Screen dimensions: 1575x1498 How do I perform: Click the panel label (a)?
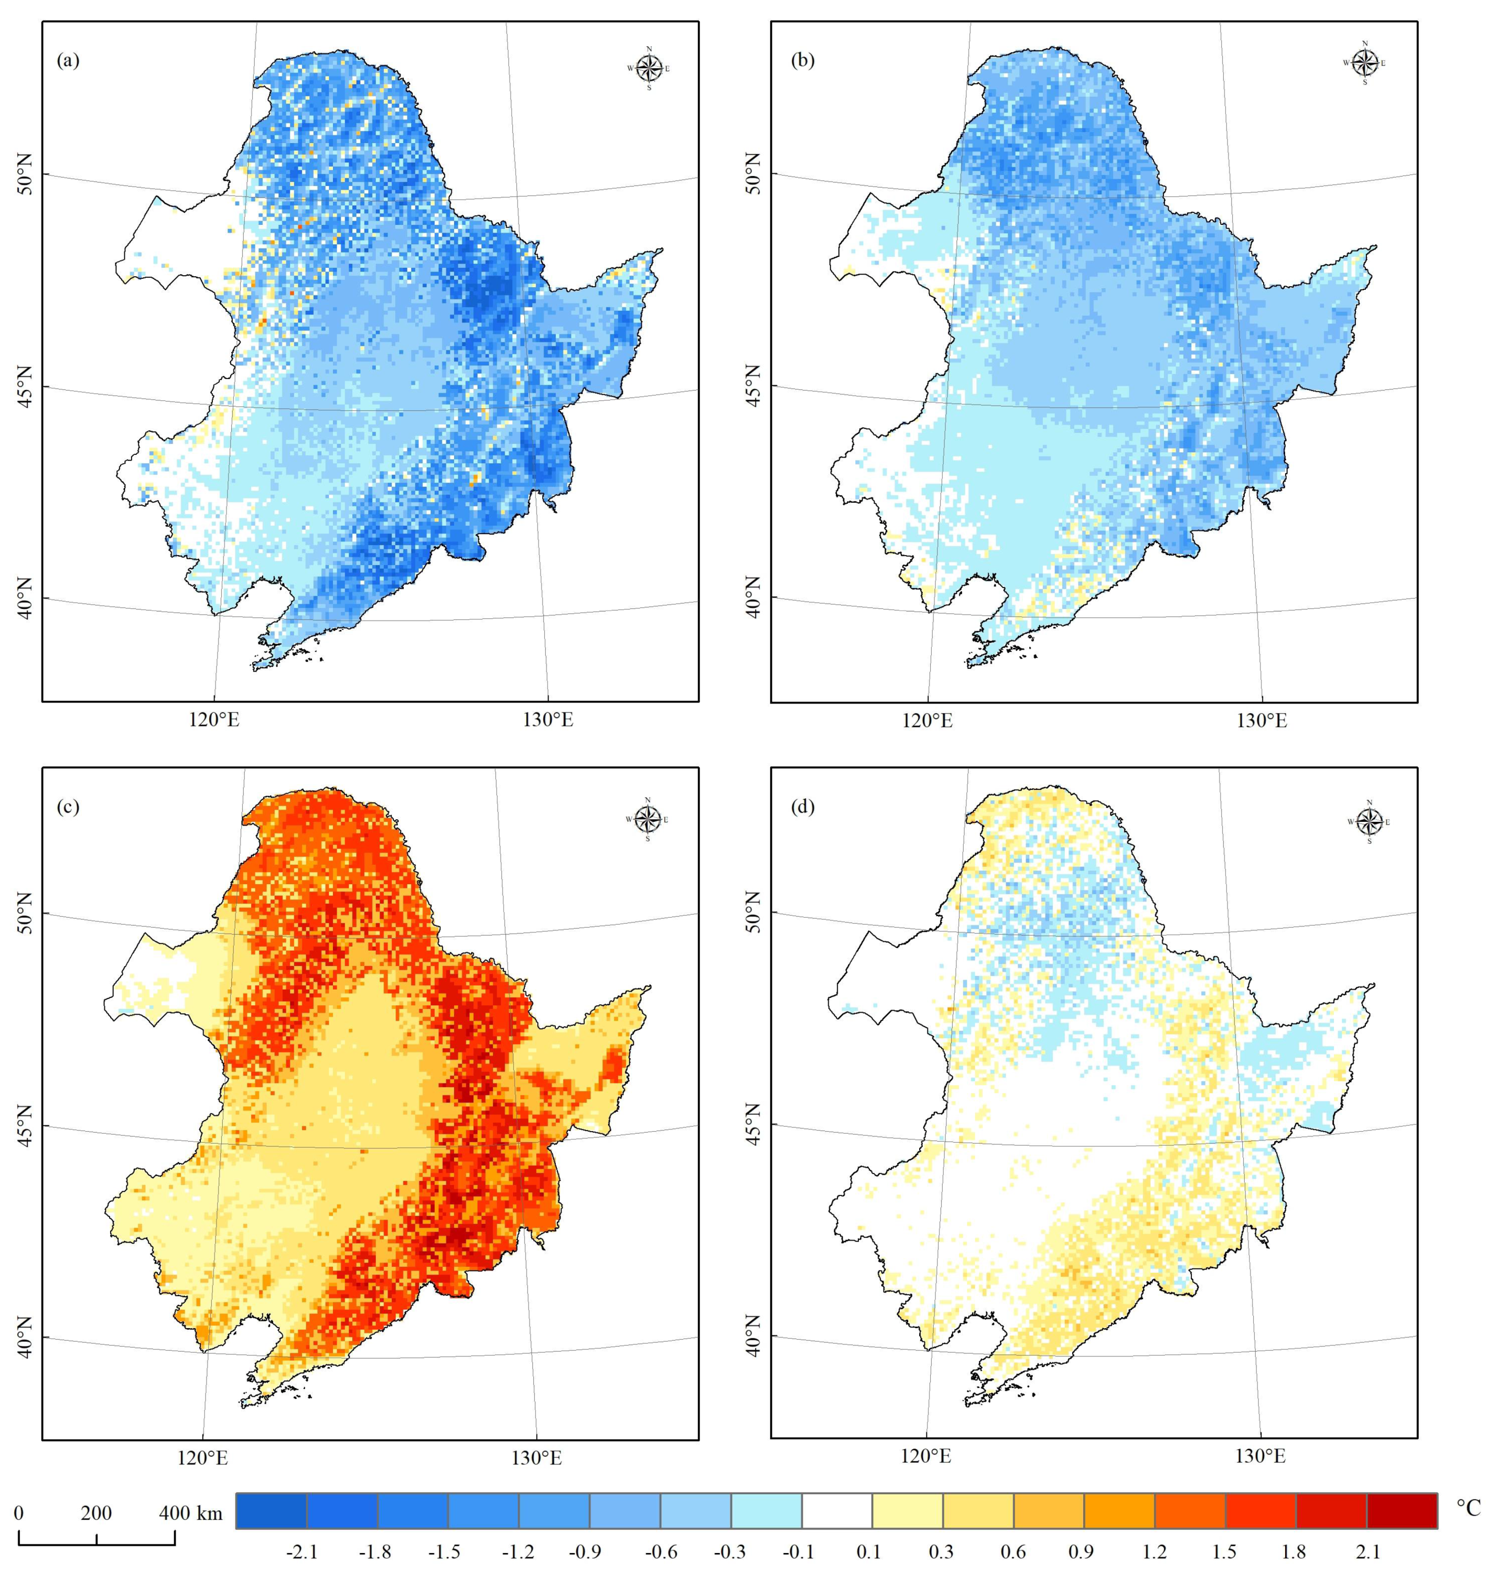(68, 61)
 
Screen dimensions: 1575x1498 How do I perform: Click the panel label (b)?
(803, 61)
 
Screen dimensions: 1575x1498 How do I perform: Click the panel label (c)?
(68, 807)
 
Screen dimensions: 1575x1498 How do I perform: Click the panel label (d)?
(803, 807)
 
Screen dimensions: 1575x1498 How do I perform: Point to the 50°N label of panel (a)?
(26, 173)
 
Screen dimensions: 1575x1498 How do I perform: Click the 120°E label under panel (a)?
(213, 721)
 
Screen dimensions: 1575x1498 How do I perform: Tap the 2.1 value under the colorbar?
(1368, 1552)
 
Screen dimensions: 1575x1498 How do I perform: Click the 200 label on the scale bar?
(96, 1512)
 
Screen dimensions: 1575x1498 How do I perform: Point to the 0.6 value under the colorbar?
(1012, 1552)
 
